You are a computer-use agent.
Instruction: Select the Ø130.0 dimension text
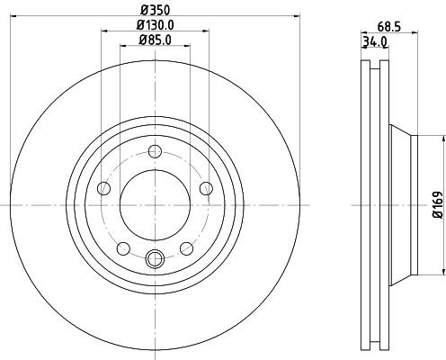[155, 26]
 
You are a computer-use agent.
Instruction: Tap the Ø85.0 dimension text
[155, 40]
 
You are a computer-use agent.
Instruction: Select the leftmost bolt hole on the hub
[103, 188]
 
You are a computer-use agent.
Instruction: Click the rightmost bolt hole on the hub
[206, 187]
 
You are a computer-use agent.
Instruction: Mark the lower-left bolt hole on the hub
[122, 247]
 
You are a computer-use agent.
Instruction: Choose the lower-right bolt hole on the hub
[186, 247]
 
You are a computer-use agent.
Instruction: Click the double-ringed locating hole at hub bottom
[155, 259]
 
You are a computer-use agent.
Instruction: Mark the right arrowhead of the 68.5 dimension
[418, 33]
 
